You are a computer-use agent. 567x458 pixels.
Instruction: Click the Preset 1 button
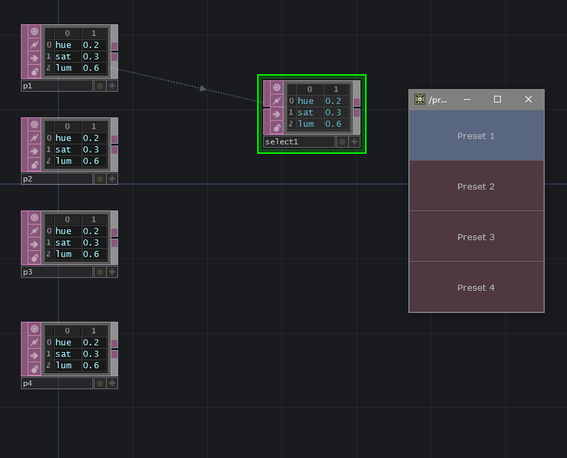pos(476,136)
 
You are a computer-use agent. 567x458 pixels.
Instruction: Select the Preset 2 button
pos(476,186)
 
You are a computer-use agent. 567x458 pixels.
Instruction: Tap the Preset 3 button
pos(476,237)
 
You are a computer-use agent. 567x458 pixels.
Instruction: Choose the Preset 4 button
pos(476,287)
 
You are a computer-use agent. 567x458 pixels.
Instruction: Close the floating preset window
pos(529,99)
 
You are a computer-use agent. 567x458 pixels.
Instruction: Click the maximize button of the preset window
pos(497,99)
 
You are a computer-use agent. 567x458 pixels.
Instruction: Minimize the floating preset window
pos(466,99)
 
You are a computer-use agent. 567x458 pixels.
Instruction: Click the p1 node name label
pos(57,86)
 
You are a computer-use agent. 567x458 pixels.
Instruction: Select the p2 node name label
pos(57,179)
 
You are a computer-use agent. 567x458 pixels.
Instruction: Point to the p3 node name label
pos(57,272)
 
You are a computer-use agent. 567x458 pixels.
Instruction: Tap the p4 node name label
pos(57,383)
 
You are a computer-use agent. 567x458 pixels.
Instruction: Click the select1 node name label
pos(299,142)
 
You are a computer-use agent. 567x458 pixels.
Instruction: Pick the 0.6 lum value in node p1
pos(91,68)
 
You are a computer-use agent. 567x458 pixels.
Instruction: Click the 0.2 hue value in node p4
pos(91,343)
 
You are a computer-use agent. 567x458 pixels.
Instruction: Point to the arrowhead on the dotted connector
pos(202,88)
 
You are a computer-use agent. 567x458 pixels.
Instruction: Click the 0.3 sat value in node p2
pos(91,150)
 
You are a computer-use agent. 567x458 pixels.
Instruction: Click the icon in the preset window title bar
pos(420,99)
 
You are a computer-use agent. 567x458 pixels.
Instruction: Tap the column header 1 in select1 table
pos(336,89)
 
